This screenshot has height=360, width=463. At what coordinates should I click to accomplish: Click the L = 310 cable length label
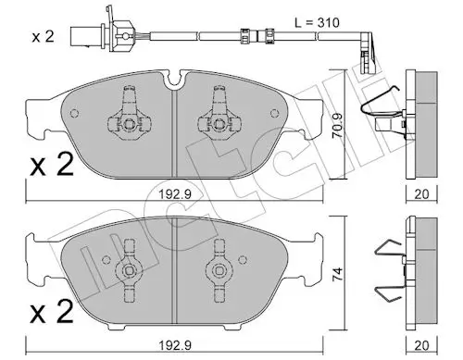[x=317, y=23]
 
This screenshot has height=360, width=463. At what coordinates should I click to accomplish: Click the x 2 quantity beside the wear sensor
[x=43, y=37]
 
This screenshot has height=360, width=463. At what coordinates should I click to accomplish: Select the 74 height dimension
[x=338, y=274]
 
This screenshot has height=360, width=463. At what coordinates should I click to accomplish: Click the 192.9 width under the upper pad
[x=175, y=194]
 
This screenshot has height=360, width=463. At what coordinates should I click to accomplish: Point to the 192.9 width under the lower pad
[x=175, y=345]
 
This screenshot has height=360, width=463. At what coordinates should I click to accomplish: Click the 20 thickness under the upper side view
[x=421, y=194]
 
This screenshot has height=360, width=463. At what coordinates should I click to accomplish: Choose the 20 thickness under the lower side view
[x=421, y=345]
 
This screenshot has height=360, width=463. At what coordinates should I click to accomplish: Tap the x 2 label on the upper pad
[x=52, y=164]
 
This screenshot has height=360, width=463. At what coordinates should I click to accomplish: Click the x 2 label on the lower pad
[x=52, y=311]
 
